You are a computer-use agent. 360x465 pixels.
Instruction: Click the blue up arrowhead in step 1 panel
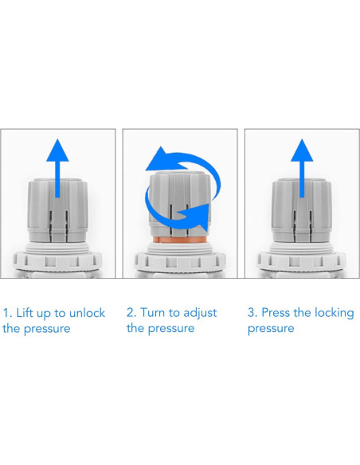tap(57, 152)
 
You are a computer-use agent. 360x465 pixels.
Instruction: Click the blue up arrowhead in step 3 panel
tap(302, 152)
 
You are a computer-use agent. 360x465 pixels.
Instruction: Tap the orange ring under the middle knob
tap(179, 240)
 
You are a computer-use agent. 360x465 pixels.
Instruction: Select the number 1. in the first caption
tap(7, 313)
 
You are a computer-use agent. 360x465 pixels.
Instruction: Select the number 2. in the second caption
tap(131, 313)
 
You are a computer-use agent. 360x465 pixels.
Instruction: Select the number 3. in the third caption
tap(252, 313)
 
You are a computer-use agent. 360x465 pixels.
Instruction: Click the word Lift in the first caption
tap(25, 313)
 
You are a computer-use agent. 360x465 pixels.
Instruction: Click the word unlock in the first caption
tap(87, 313)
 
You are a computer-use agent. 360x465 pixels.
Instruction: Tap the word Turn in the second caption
tap(153, 313)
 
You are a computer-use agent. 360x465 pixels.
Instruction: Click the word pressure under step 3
tap(271, 329)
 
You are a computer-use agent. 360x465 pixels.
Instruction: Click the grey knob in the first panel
tap(57, 210)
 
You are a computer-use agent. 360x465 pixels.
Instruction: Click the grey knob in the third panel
tap(302, 210)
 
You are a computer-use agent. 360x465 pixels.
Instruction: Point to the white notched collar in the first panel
tap(58, 260)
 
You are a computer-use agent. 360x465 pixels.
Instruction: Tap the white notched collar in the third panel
tap(302, 260)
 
